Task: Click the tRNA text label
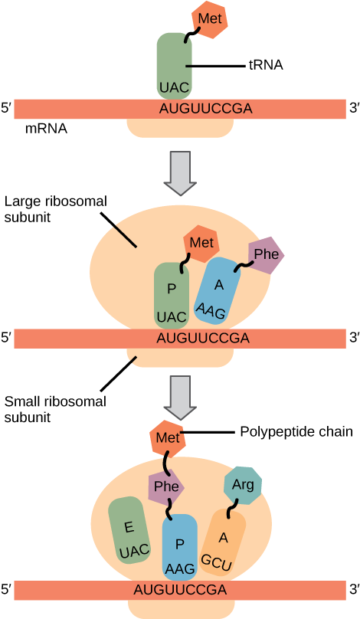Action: click(266, 65)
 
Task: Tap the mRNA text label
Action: click(46, 129)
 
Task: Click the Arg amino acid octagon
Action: click(243, 485)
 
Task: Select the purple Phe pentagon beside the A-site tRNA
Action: click(266, 255)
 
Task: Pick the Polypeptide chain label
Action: click(296, 432)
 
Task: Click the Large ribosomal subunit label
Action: click(56, 209)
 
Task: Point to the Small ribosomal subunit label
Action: click(55, 409)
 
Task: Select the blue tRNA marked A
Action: click(218, 291)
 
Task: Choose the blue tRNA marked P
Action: click(179, 547)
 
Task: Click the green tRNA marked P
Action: click(172, 295)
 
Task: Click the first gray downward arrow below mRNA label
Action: click(180, 173)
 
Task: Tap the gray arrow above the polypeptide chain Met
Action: click(180, 398)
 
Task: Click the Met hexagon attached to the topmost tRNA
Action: click(210, 19)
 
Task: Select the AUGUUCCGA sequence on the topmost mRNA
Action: click(205, 109)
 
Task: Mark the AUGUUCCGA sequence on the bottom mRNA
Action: click(180, 590)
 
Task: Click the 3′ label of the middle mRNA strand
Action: click(354, 338)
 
